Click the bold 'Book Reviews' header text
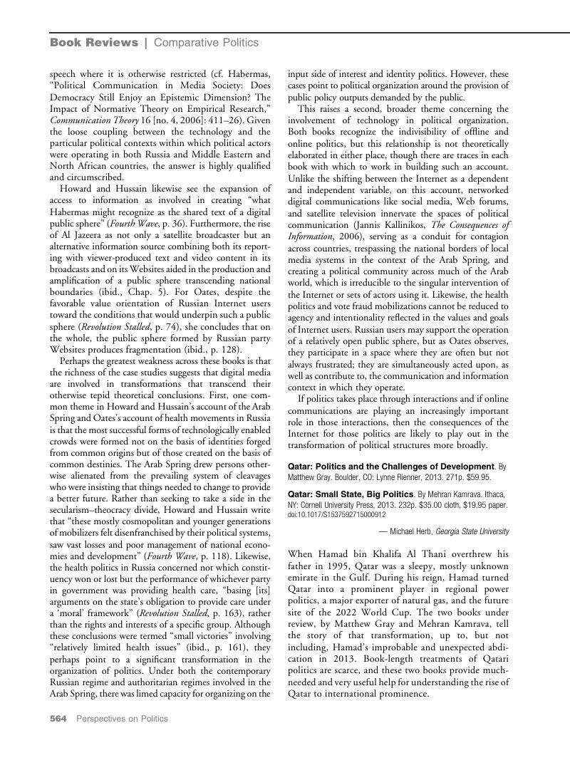[x=94, y=43]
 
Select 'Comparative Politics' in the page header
[x=206, y=43]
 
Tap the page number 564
[x=58, y=719]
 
